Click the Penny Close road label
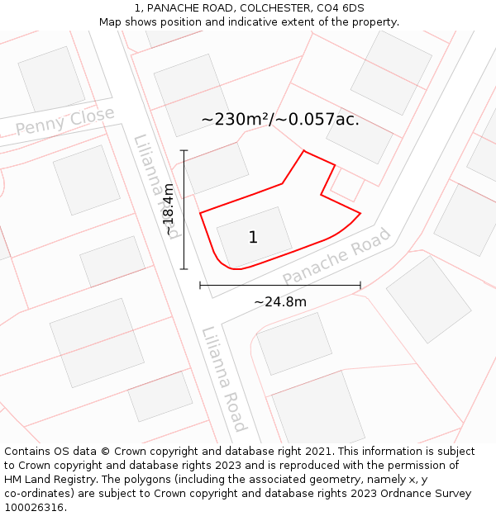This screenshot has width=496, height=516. click(x=64, y=121)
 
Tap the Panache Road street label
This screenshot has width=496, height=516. click(x=336, y=257)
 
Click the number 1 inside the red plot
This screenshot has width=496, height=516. click(x=253, y=238)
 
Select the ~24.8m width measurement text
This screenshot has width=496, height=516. click(x=279, y=302)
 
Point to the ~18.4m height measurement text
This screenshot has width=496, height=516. click(x=169, y=210)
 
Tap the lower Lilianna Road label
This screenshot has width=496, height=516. click(x=223, y=378)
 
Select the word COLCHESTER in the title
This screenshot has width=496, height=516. click(x=273, y=8)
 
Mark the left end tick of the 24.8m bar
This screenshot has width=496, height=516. click(x=200, y=286)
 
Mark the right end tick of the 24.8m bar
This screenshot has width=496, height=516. click(x=360, y=286)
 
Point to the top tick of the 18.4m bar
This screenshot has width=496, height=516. click(x=184, y=150)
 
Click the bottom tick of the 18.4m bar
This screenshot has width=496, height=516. click(x=184, y=269)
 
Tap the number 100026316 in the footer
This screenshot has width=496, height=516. click(x=33, y=508)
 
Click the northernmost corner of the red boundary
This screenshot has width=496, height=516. click(x=304, y=150)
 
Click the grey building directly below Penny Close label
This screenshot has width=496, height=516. click(x=87, y=179)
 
